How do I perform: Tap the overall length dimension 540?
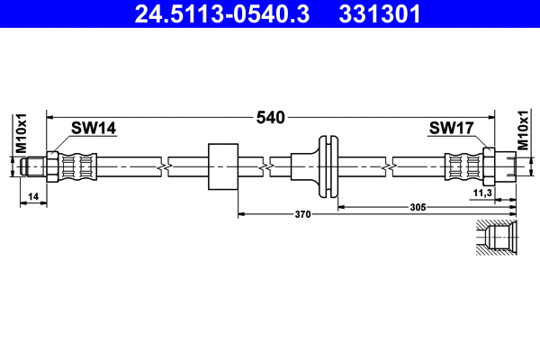coord(271,117)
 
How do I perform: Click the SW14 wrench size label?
coord(94,129)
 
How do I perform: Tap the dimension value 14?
coord(33,195)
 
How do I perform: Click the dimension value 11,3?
coord(482,193)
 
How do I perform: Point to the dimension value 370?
coord(302,214)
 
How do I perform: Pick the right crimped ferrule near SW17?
coord(463,166)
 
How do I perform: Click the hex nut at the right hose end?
coord(490,166)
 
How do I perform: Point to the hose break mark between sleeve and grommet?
coord(267,166)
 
